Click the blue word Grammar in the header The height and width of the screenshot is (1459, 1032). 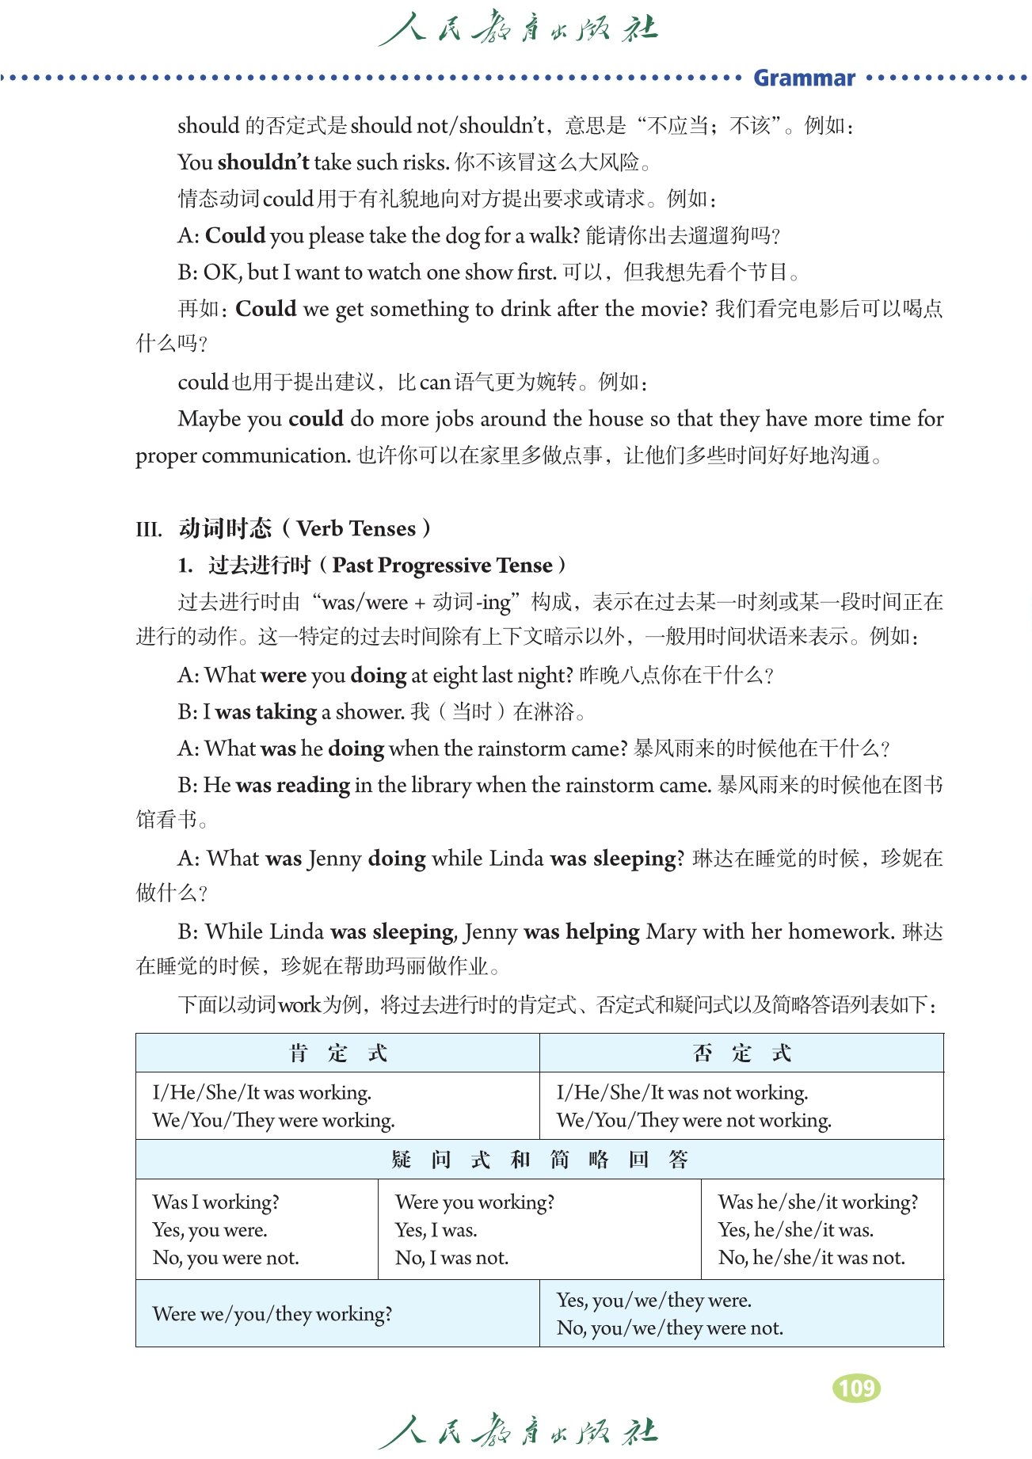tap(804, 78)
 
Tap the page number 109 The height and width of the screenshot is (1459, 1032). tap(856, 1389)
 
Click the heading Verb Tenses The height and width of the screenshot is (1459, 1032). tap(356, 528)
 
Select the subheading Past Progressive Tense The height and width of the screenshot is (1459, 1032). tap(442, 566)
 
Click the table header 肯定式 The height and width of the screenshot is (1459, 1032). tap(337, 1053)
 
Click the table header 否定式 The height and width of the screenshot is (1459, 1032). tap(741, 1053)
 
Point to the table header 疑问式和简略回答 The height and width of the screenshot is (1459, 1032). tap(539, 1160)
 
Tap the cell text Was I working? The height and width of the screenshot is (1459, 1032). tap(216, 1202)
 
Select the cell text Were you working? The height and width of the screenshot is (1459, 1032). tap(475, 1202)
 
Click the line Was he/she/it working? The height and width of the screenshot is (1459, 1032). tap(818, 1202)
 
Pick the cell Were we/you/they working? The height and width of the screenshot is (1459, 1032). tap(272, 1314)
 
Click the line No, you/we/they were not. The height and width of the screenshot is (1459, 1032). tap(670, 1328)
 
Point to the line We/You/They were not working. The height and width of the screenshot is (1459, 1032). tap(694, 1121)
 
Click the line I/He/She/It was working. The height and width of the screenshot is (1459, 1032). tap(262, 1093)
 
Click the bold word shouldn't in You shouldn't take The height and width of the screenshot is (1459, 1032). tap(264, 162)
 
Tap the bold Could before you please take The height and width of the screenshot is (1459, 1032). tap(235, 236)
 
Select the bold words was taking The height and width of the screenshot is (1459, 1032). tap(266, 712)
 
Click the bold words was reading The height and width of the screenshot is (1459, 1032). tap(293, 786)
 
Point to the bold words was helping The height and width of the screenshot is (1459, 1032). tap(582, 932)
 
